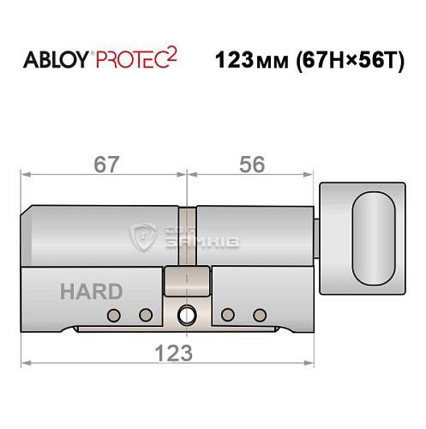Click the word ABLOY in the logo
pyautogui.click(x=55, y=63)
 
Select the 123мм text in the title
pyautogui.click(x=248, y=63)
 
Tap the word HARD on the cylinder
pyautogui.click(x=91, y=291)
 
